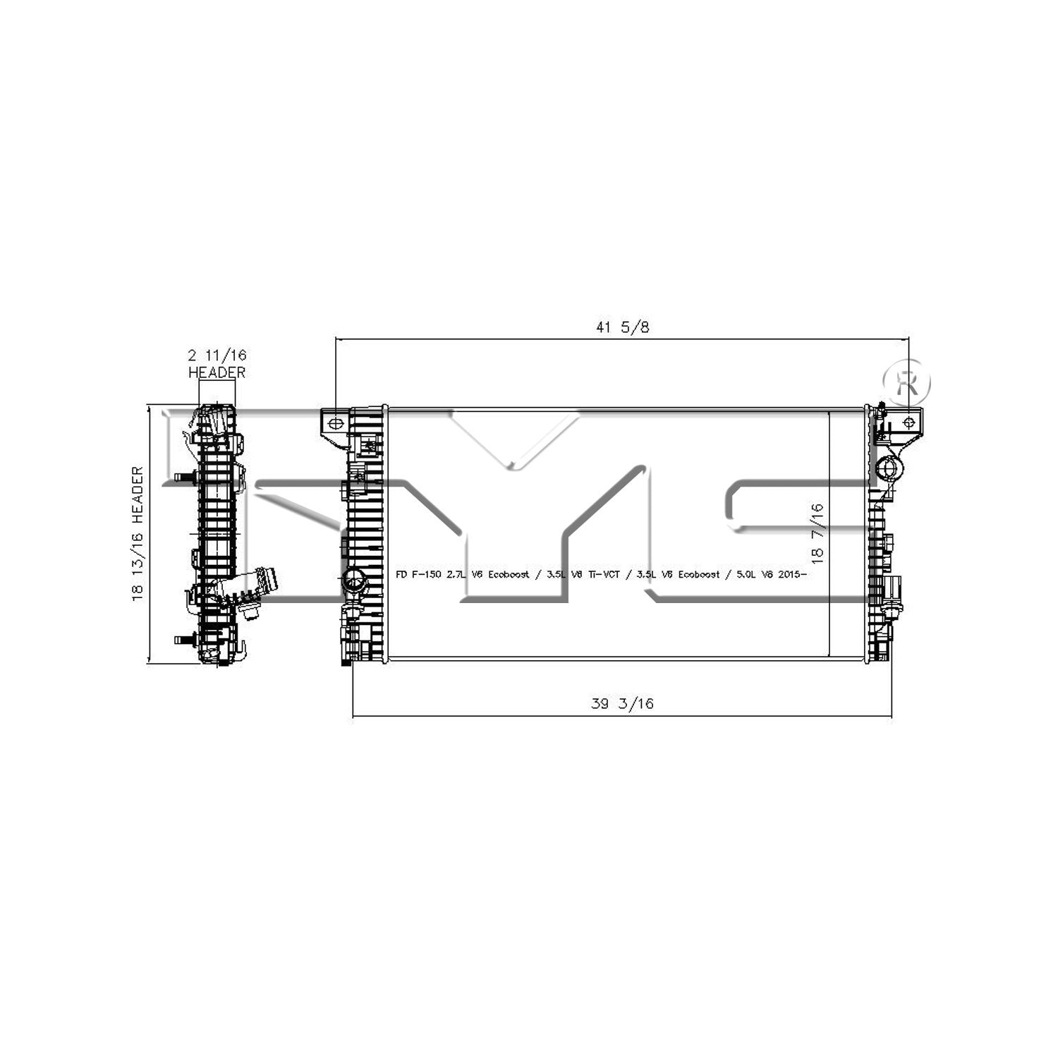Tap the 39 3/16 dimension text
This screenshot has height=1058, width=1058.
click(x=622, y=703)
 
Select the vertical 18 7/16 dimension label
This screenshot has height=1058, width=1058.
click(x=817, y=532)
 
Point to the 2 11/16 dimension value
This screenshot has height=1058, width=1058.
click(x=217, y=355)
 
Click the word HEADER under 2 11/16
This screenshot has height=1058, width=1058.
click(x=217, y=372)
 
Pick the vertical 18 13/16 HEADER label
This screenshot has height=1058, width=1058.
click(x=138, y=533)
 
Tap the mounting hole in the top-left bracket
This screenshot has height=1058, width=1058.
click(x=336, y=423)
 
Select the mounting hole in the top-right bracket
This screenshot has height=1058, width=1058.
click(x=908, y=422)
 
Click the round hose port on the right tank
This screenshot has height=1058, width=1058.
click(x=888, y=468)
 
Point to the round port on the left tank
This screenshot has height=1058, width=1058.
click(x=353, y=582)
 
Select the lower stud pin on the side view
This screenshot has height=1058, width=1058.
click(x=185, y=640)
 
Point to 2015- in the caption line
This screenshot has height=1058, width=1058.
click(x=791, y=575)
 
